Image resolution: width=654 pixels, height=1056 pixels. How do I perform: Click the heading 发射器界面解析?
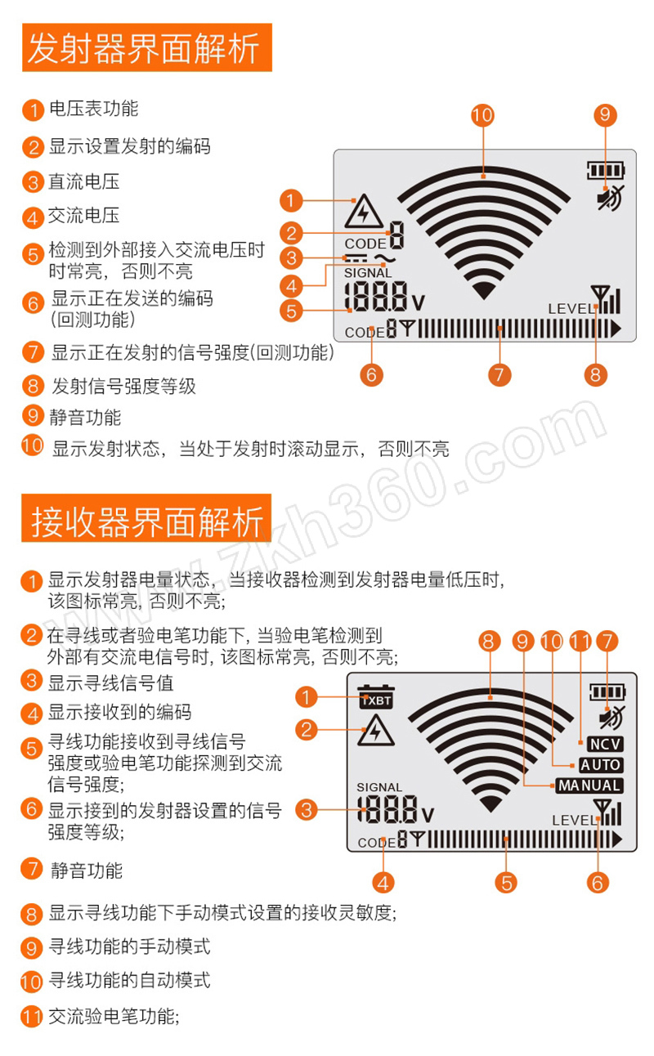(x=143, y=48)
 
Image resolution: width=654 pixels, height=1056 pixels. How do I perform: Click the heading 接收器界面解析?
(x=146, y=521)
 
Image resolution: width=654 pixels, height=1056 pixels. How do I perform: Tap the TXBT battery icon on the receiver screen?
(x=376, y=696)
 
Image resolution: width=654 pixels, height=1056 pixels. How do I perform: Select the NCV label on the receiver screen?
(x=605, y=745)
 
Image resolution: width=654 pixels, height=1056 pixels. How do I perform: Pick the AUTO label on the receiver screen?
(x=600, y=765)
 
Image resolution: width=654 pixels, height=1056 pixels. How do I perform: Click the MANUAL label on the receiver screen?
(x=589, y=785)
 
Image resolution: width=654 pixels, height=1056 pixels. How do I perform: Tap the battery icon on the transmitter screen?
(x=606, y=170)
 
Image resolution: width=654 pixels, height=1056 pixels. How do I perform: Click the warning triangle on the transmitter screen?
(x=363, y=212)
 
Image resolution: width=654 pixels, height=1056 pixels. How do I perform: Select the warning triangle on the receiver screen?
(x=375, y=730)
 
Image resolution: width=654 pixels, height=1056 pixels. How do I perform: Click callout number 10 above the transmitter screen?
(x=482, y=115)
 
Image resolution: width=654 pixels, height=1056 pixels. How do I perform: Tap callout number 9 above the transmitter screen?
(x=605, y=115)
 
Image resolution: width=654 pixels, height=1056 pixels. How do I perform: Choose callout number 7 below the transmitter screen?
(x=499, y=375)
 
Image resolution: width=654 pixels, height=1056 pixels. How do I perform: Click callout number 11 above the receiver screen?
(x=580, y=641)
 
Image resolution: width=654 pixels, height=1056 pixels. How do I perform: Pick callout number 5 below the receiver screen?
(x=506, y=883)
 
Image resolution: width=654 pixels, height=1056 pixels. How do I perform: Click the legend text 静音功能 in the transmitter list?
(x=85, y=418)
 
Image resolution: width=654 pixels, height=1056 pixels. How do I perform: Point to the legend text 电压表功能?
(x=93, y=109)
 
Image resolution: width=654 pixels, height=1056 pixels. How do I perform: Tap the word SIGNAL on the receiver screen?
(x=379, y=787)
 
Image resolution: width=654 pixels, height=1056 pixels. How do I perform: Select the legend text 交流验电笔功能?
(x=114, y=1017)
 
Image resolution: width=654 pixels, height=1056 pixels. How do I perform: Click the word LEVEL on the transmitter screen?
(x=571, y=309)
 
